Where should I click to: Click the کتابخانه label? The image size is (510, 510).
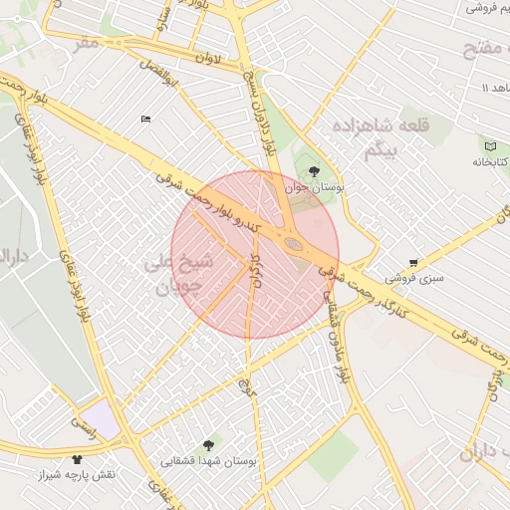click(x=488, y=160)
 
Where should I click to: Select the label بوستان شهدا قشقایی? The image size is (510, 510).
click(x=209, y=462)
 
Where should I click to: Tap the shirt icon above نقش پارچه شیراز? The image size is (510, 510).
click(x=79, y=459)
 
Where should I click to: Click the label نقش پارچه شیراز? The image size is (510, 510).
click(x=79, y=475)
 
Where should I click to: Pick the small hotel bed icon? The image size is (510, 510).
click(x=146, y=120)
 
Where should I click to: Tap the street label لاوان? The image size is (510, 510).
click(x=209, y=59)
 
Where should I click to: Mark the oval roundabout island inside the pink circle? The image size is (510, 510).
click(x=293, y=242)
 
